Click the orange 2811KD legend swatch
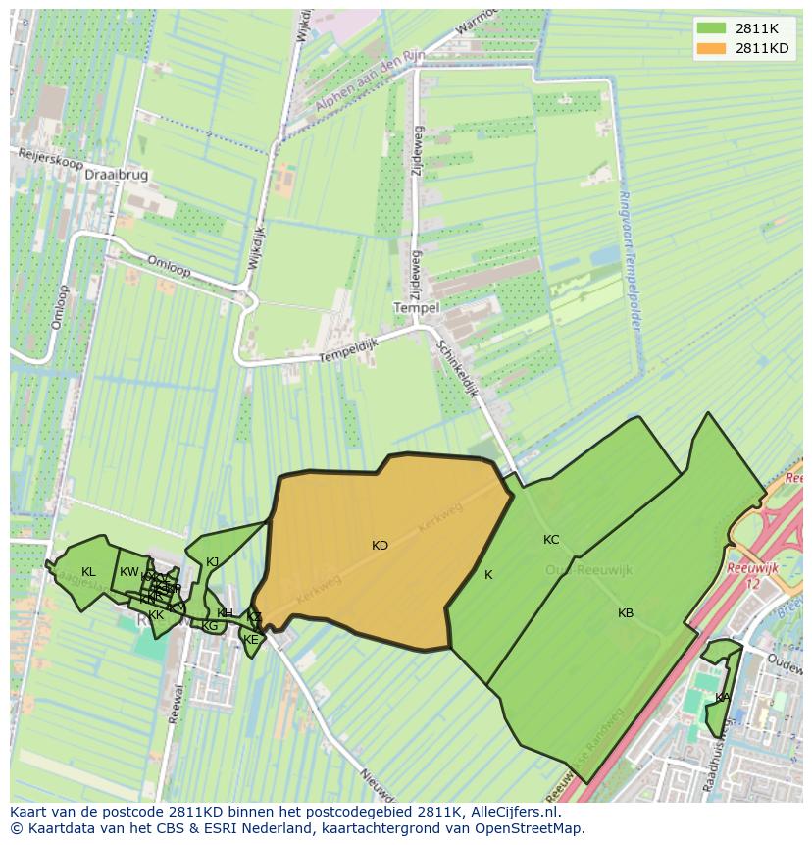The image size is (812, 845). pos(712,49)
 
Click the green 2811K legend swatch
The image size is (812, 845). pos(712,28)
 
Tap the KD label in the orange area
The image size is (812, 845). pos(380,546)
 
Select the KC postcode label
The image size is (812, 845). pos(551,540)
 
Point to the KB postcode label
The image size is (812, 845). pos(626,613)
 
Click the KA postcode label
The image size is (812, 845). pos(722,698)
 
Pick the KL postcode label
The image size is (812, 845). pos(88,572)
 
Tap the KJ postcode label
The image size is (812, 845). pos(213,562)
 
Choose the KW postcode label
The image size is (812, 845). pos(129,572)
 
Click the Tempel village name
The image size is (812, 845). pos(416,307)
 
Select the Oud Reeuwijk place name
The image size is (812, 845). pos(588,570)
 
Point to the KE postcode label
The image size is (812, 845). pos(250,640)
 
